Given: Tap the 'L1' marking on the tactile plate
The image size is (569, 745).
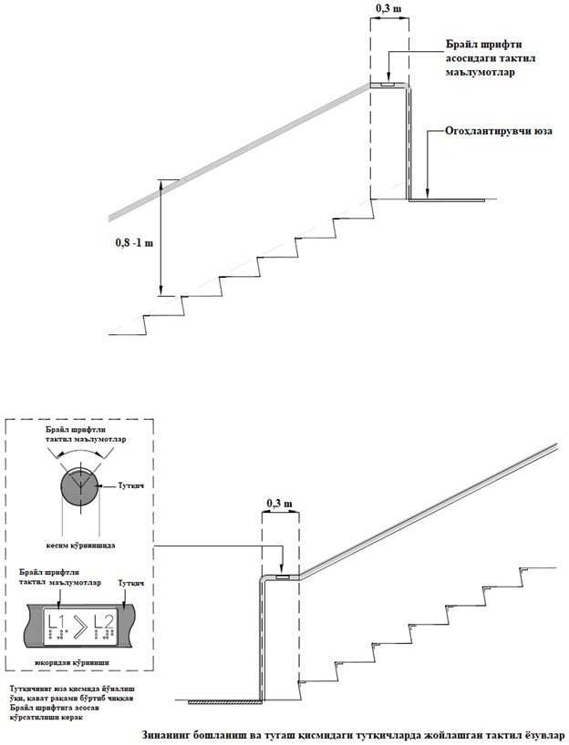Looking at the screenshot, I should (x=56, y=627).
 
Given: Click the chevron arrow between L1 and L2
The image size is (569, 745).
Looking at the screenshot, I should (x=80, y=626).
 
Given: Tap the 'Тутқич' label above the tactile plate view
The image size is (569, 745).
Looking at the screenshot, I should (x=130, y=580).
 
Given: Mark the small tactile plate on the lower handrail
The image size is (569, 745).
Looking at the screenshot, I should (x=282, y=577).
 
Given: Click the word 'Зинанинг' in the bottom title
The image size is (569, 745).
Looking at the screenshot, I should (x=171, y=734).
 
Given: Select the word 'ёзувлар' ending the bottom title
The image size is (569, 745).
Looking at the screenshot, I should (x=542, y=734).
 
